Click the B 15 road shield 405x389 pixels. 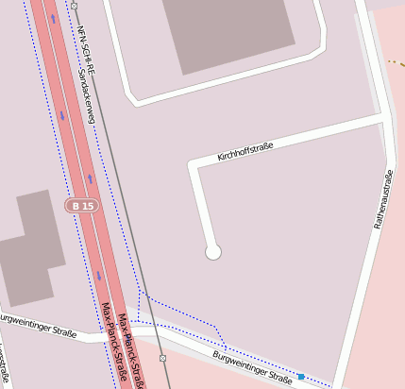81,205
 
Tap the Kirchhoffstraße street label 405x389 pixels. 245,149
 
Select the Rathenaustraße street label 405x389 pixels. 383,202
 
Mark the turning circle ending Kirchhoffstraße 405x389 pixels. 213,252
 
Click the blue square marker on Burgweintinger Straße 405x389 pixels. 301,377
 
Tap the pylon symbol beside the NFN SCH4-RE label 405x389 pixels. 74,6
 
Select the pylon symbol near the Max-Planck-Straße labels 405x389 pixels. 163,359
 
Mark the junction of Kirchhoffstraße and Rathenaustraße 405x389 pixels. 384,118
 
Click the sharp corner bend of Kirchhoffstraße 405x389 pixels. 194,166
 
